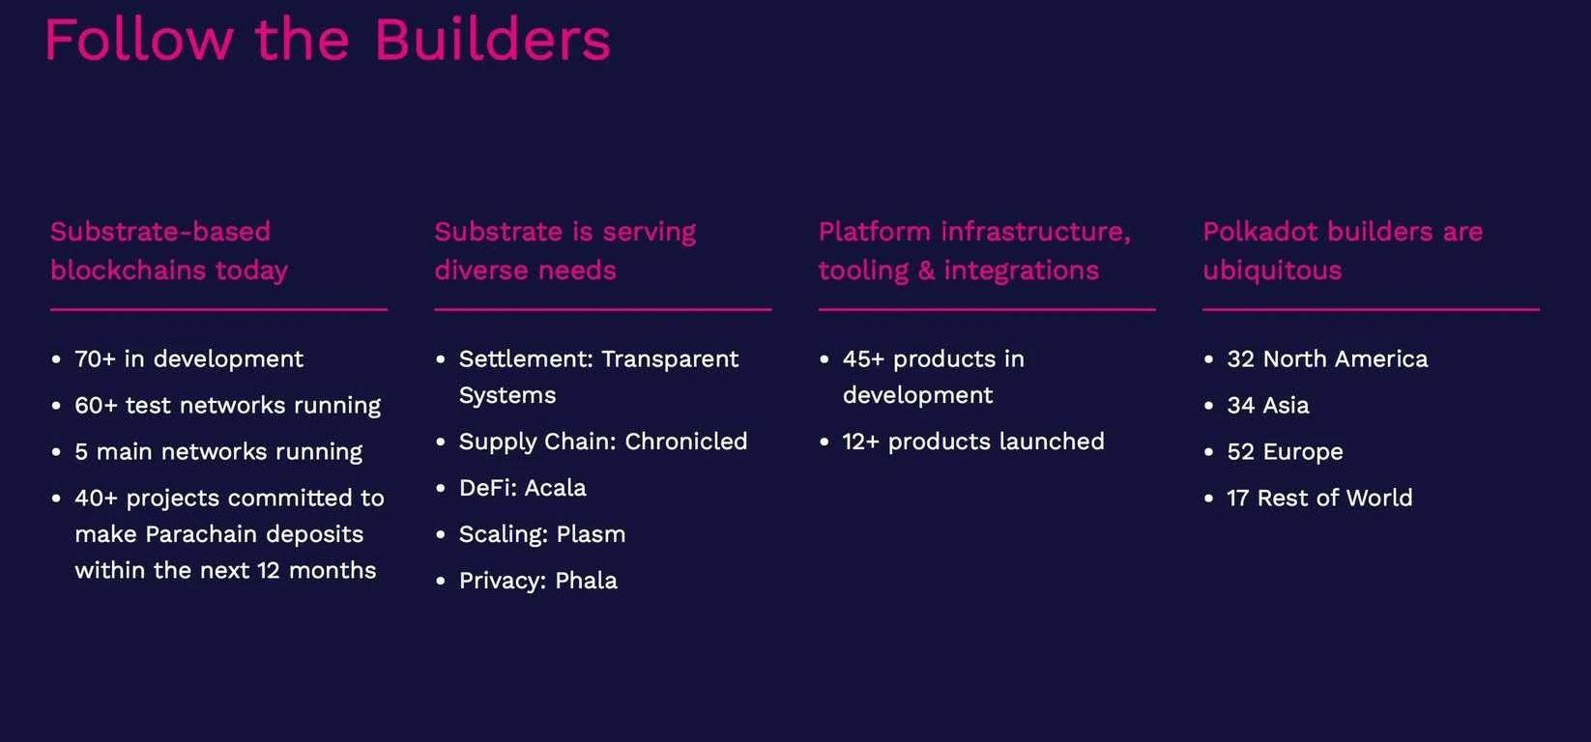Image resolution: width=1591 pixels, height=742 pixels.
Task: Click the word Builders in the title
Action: click(x=491, y=40)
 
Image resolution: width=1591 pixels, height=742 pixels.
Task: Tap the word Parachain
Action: click(x=201, y=534)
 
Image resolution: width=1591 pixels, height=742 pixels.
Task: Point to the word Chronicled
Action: click(x=686, y=442)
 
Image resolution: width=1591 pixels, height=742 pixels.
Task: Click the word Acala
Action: click(x=556, y=488)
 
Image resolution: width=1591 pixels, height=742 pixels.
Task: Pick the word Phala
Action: click(x=586, y=581)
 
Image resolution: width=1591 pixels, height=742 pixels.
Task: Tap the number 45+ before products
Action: click(x=864, y=359)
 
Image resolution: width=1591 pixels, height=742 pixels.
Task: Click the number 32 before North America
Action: click(x=1241, y=359)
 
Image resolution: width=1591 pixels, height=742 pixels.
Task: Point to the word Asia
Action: click(x=1286, y=406)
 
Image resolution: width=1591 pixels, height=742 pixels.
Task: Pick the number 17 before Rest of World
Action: click(x=1238, y=499)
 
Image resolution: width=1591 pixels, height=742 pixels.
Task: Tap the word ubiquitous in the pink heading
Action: click(x=1272, y=271)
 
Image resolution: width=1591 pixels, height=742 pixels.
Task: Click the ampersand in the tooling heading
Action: click(x=926, y=271)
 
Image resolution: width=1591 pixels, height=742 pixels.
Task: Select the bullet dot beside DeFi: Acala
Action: click(x=441, y=489)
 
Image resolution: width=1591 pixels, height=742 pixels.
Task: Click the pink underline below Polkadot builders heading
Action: click(x=1371, y=309)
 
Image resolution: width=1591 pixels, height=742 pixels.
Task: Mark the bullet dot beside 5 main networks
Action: click(x=56, y=452)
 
